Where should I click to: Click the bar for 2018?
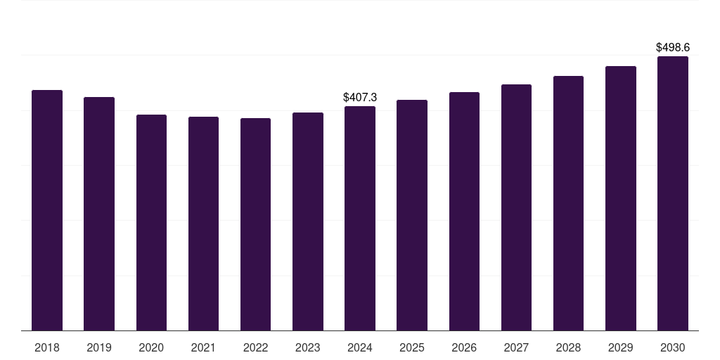(47, 210)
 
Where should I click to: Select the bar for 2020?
(151, 222)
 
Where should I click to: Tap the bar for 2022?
(255, 224)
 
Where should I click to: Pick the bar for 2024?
(360, 218)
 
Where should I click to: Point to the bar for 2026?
(464, 211)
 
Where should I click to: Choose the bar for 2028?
(568, 203)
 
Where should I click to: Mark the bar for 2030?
(672, 193)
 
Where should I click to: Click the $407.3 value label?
(360, 98)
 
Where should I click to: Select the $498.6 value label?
(673, 48)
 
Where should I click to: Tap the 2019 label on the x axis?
(99, 347)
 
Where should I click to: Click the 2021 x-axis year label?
(203, 347)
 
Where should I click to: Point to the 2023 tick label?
(308, 347)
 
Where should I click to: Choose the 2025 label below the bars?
(412, 347)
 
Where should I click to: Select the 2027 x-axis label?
(516, 347)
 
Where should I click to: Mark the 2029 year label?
(620, 347)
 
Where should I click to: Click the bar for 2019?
(99, 214)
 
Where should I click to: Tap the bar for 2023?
(308, 221)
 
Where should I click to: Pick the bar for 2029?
(620, 198)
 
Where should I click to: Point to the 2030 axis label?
(672, 347)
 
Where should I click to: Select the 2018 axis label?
(47, 347)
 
